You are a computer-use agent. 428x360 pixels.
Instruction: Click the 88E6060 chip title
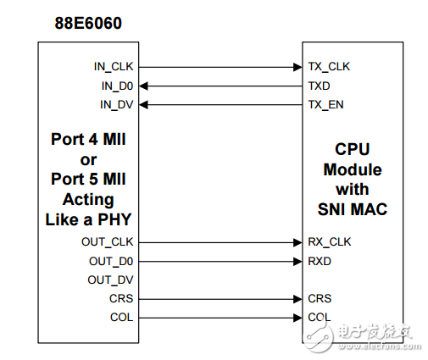point(83,23)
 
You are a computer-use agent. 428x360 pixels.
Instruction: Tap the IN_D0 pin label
point(114,86)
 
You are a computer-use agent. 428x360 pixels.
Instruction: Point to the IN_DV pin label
point(114,104)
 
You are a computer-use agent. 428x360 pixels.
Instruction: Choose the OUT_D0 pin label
point(110,260)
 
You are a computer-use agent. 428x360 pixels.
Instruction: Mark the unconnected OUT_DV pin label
point(110,280)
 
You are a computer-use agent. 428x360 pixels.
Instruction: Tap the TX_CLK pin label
point(330,66)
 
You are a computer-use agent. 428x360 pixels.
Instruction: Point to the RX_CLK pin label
point(330,241)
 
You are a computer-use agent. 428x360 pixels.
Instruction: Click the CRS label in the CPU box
point(320,298)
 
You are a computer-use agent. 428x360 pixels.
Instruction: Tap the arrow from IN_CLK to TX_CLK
point(220,66)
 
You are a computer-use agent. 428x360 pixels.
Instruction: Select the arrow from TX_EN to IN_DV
point(220,104)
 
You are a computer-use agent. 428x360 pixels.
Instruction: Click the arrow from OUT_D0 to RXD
point(220,260)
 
